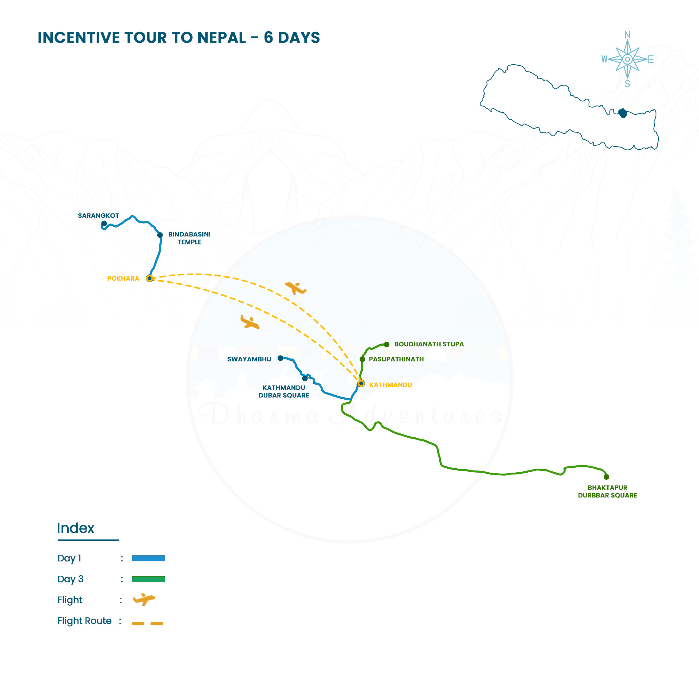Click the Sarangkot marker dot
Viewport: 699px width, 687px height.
[104, 224]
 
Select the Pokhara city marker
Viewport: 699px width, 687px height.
[149, 278]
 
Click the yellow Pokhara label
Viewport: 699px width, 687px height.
[123, 278]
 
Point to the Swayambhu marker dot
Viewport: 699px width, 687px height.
[280, 358]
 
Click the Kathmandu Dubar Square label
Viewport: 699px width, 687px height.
[284, 391]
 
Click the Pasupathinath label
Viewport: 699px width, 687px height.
[396, 359]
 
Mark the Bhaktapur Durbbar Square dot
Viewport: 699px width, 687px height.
[606, 477]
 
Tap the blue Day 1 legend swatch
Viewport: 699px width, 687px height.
[148, 558]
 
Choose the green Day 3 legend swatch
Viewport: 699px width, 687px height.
[148, 579]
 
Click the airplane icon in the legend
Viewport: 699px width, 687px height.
[144, 600]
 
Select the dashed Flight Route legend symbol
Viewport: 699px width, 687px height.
[147, 624]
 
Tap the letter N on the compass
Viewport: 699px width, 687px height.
[627, 35]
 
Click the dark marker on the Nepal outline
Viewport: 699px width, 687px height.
[623, 113]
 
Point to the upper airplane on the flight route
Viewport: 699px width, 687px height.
[296, 288]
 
